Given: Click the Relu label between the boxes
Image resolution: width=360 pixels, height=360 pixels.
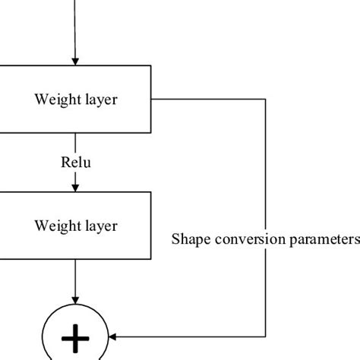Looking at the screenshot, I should pyautogui.click(x=75, y=163).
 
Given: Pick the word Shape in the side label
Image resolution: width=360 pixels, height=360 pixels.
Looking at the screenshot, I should pyautogui.click(x=188, y=240).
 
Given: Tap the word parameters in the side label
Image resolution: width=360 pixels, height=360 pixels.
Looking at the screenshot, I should pyautogui.click(x=321, y=240).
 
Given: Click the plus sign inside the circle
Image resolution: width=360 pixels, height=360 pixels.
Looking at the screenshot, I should pyautogui.click(x=75, y=339).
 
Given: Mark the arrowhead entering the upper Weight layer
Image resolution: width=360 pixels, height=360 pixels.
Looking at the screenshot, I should pyautogui.click(x=75, y=62).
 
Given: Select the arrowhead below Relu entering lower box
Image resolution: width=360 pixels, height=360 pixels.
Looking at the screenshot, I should pyautogui.click(x=75, y=187).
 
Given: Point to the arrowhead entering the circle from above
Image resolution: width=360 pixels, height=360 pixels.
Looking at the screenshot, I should pyautogui.click(x=75, y=302).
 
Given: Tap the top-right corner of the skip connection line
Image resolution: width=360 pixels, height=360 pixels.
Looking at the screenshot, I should pyautogui.click(x=266, y=99).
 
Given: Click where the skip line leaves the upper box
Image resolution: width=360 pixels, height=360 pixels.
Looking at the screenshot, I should pyautogui.click(x=152, y=99).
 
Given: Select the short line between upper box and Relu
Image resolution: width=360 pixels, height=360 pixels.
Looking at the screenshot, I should pyautogui.click(x=75, y=144).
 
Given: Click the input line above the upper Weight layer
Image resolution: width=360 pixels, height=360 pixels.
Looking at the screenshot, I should pyautogui.click(x=75, y=27).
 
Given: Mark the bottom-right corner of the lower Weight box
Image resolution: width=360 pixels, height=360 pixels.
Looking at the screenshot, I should pyautogui.click(x=151, y=261).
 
